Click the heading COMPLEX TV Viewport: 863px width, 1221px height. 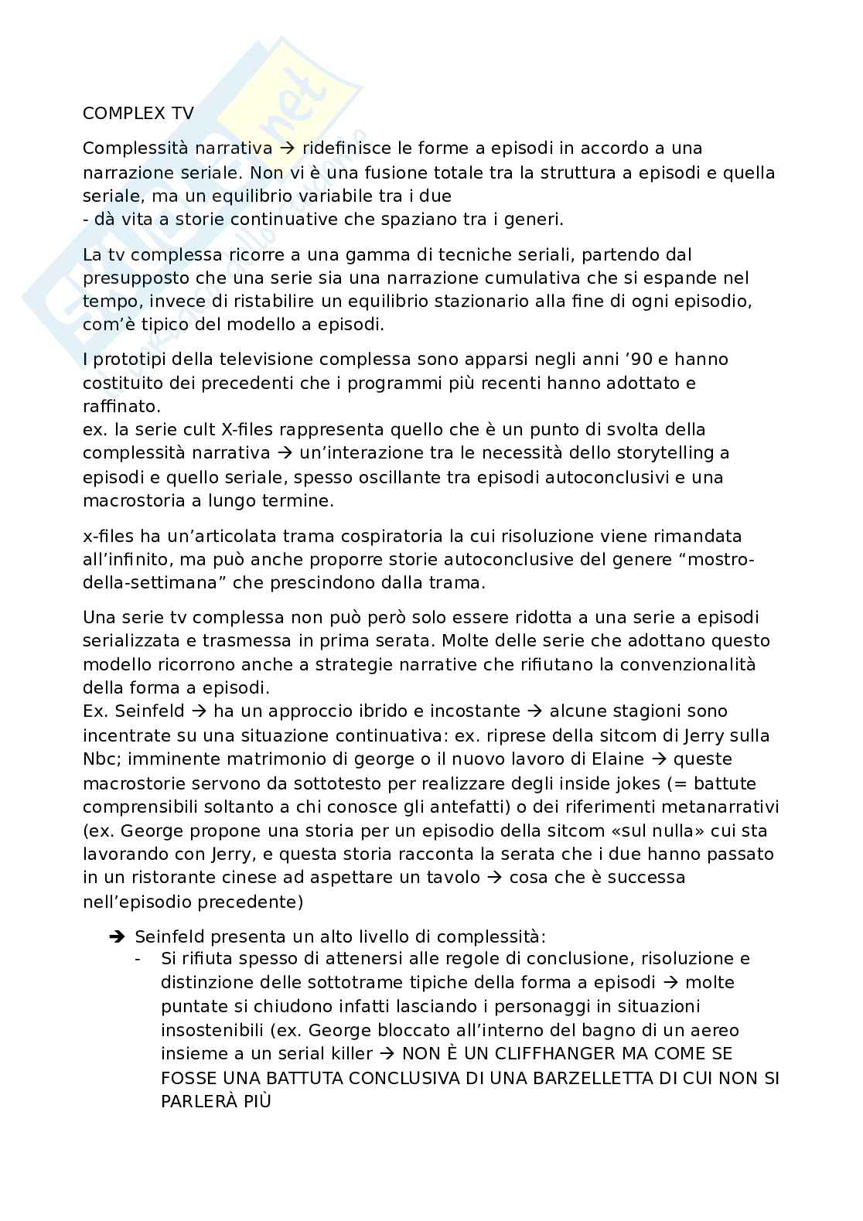[138, 113]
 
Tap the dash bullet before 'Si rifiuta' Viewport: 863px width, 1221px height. [138, 959]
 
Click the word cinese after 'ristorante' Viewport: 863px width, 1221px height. [270, 878]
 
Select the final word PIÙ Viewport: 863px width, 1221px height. [254, 1101]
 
